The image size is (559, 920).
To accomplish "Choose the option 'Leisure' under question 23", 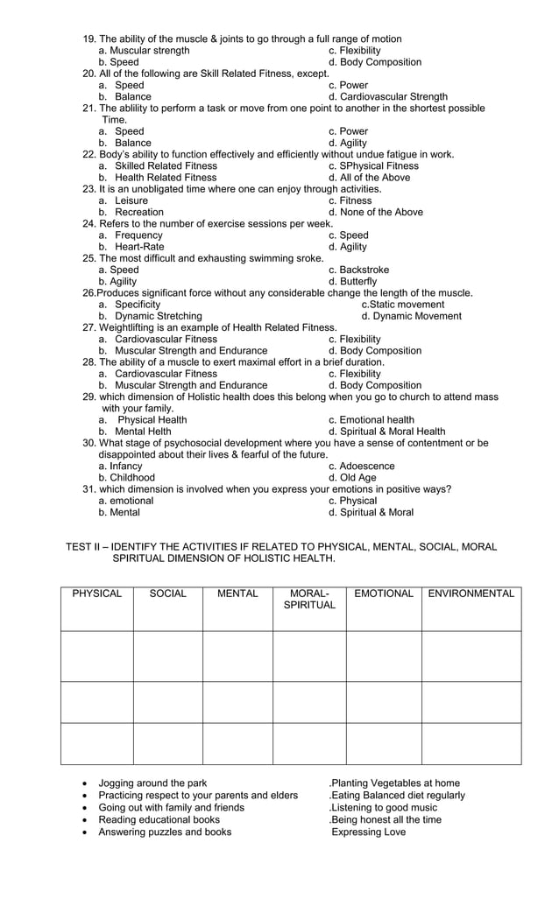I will tap(131, 200).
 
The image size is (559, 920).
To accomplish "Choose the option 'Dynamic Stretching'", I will tap(158, 316).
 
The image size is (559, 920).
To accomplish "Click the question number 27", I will tap(88, 327).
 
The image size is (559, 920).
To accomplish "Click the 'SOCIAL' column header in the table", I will tap(168, 594).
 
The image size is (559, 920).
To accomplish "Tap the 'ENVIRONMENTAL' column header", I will tap(471, 594).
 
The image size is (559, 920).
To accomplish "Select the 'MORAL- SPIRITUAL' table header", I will tap(309, 600).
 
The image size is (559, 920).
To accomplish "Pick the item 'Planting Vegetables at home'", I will tap(396, 783).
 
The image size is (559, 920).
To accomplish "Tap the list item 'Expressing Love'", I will tap(369, 832).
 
